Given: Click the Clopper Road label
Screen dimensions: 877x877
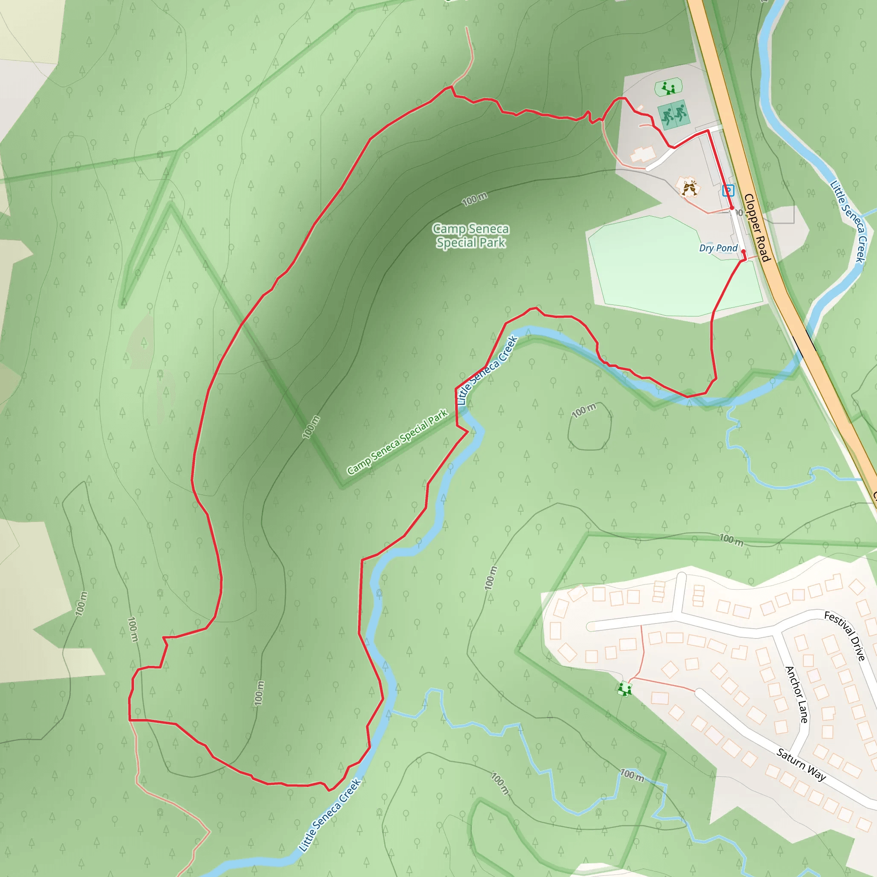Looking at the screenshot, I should click(x=757, y=228).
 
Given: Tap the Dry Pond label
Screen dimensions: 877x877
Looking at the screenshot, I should click(x=718, y=248).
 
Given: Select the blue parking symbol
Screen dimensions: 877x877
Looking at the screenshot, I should click(x=728, y=190).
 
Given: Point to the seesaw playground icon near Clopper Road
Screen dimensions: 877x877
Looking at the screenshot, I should click(x=668, y=87).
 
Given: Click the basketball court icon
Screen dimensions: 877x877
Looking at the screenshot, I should click(x=674, y=115).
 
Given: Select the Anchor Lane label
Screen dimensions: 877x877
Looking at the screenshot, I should click(x=796, y=694).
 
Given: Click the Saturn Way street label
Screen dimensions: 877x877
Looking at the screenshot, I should click(x=801, y=765).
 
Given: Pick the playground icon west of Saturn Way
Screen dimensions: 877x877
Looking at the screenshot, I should click(x=625, y=689).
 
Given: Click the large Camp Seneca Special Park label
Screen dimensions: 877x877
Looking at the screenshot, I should click(x=471, y=236).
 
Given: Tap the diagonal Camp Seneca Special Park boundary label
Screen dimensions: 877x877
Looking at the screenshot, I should click(x=398, y=441).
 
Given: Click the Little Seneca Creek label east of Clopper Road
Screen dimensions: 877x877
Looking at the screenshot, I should click(x=847, y=221).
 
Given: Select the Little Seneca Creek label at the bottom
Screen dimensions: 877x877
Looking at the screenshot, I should click(x=330, y=814).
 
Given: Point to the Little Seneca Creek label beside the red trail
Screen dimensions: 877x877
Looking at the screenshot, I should click(x=487, y=370).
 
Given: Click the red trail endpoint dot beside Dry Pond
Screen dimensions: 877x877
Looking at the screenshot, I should click(x=743, y=251).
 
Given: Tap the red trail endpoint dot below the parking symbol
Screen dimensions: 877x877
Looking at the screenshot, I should click(x=731, y=208).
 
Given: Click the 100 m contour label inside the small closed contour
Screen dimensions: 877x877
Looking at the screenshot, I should click(x=583, y=410).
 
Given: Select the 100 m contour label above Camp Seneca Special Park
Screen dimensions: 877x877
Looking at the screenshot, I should click(x=474, y=199).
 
